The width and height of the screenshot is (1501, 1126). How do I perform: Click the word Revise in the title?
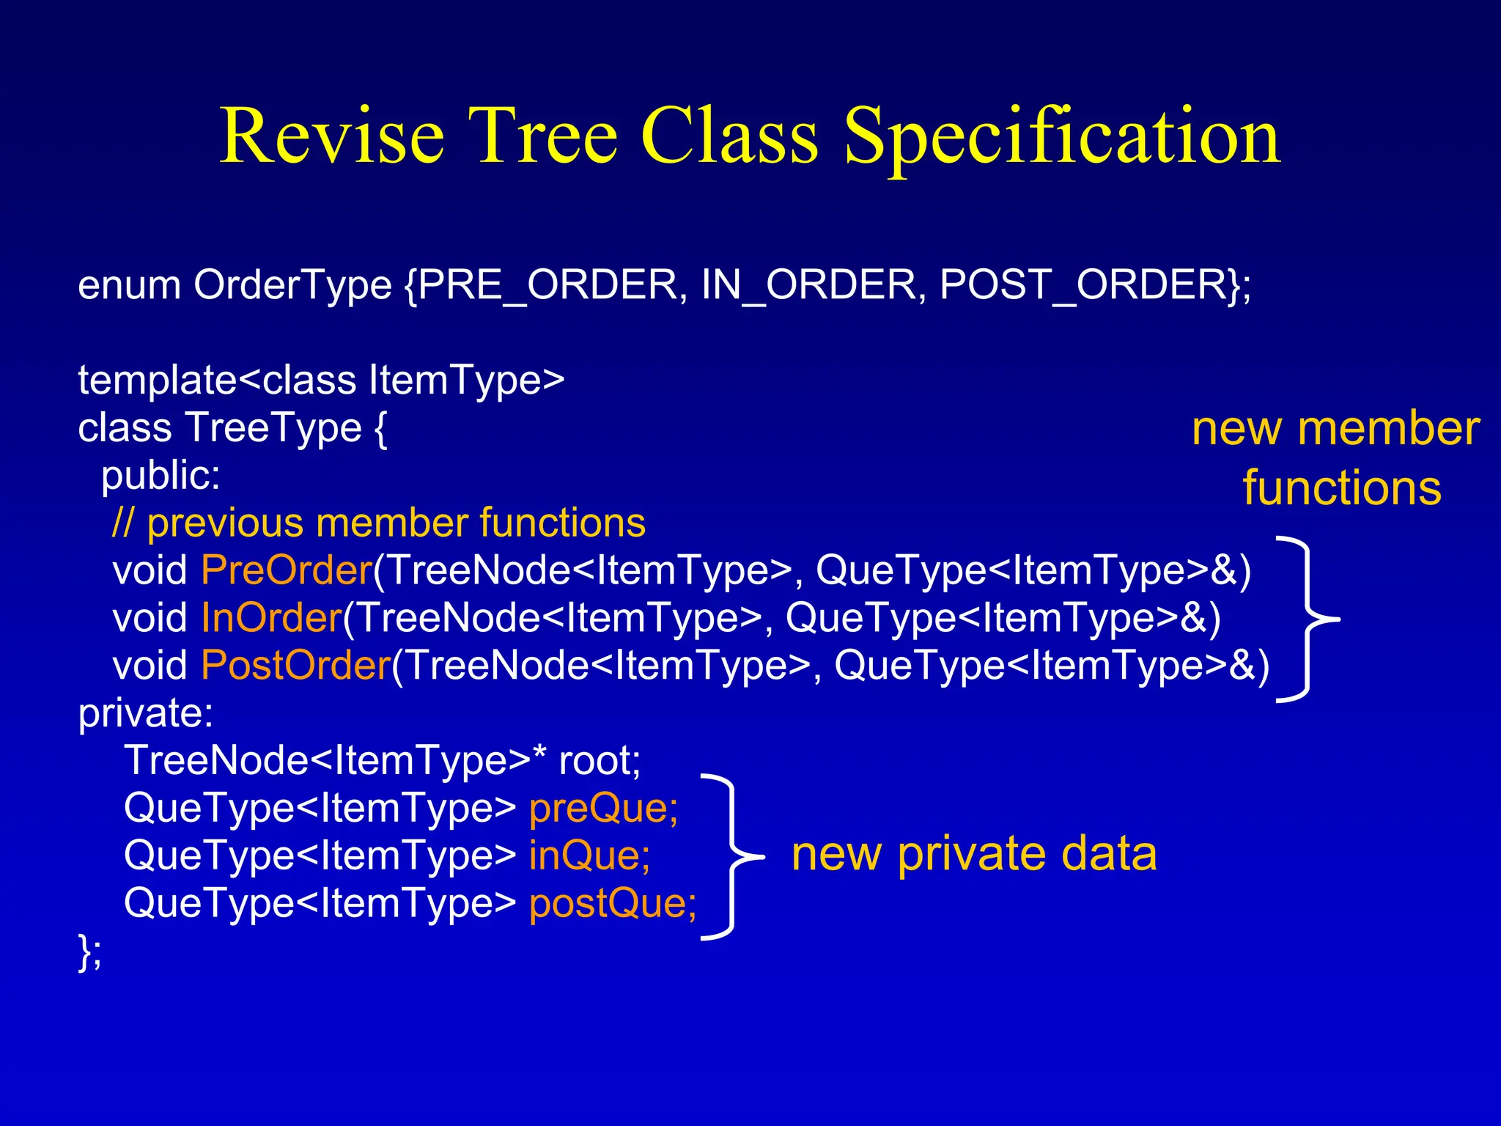pyautogui.click(x=332, y=136)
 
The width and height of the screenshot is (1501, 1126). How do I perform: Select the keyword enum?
pyautogui.click(x=129, y=285)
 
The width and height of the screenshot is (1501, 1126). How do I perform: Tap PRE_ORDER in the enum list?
pyautogui.click(x=548, y=285)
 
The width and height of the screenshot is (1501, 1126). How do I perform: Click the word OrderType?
pyautogui.click(x=292, y=287)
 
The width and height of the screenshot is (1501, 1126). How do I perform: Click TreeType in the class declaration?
pyautogui.click(x=273, y=428)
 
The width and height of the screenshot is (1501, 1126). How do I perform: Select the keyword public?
pyautogui.click(x=161, y=476)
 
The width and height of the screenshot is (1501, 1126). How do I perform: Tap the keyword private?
pyautogui.click(x=146, y=713)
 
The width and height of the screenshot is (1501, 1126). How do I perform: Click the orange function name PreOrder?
pyautogui.click(x=287, y=570)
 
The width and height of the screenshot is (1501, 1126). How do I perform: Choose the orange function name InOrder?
pyautogui.click(x=271, y=618)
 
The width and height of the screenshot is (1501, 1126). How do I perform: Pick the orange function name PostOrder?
pyautogui.click(x=295, y=666)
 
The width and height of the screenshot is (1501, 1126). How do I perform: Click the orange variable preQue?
pyautogui.click(x=603, y=809)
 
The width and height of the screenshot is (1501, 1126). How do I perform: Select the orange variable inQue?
pyautogui.click(x=589, y=856)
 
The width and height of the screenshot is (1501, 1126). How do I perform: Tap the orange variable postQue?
pyautogui.click(x=613, y=904)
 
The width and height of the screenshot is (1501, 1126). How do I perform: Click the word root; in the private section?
pyautogui.click(x=600, y=761)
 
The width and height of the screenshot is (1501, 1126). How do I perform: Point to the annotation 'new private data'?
pyautogui.click(x=974, y=855)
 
